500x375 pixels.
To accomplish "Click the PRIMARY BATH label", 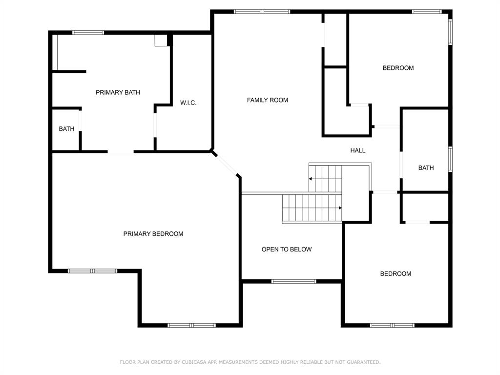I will coord(118,92).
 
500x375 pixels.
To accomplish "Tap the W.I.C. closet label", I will coord(188,103).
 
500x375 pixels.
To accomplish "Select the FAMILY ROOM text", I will coord(267,100).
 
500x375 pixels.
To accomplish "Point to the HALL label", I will coord(357,150).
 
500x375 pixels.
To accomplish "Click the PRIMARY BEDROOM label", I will coord(153,234).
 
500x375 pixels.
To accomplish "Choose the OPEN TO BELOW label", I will coord(286,250).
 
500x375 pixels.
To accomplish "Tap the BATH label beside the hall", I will coord(426,167).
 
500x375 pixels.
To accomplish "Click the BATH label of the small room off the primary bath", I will coord(66,129).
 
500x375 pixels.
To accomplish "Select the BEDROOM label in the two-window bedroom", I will coord(398,68).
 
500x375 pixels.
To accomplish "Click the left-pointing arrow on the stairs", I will coord(311,179).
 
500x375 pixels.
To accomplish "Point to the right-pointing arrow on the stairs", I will coord(339,208).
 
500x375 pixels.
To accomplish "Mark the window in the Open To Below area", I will coord(293,281).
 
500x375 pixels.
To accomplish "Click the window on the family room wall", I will coord(262,11).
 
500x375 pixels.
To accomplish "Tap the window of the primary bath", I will coord(88,33).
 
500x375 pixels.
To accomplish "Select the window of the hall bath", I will coord(450,159).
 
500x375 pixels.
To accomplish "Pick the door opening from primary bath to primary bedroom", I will coord(121,152).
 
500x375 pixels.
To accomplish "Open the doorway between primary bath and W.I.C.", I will coord(155,125).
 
